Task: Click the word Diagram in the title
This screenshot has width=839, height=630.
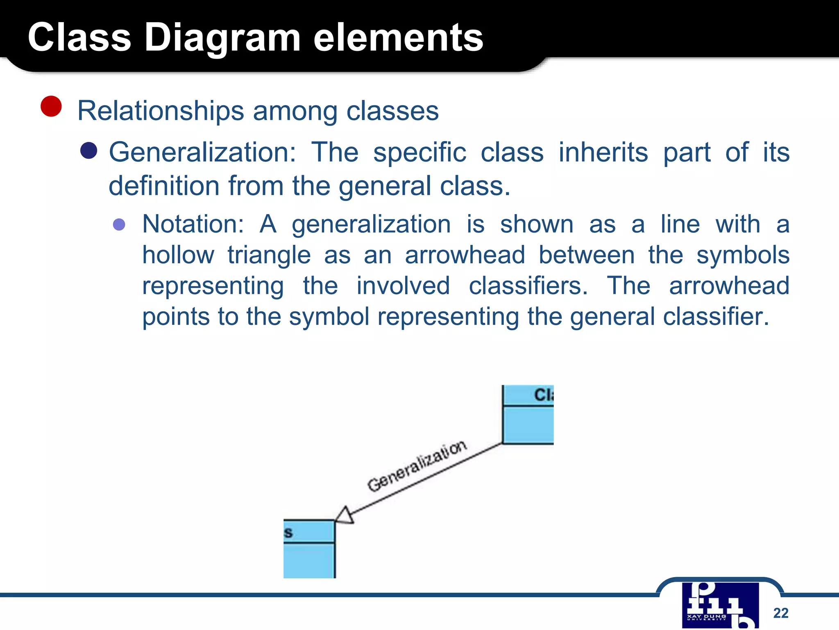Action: point(222,38)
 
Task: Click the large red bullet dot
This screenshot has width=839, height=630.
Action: point(51,106)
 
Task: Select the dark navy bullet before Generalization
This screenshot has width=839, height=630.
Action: point(89,151)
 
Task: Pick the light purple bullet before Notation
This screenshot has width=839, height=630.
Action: point(119,224)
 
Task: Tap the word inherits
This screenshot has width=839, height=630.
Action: point(603,152)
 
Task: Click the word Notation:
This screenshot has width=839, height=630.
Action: point(193,224)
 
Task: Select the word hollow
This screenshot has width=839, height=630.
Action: point(178,255)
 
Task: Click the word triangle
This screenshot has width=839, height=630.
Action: point(269,255)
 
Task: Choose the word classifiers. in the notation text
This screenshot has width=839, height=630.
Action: point(528,286)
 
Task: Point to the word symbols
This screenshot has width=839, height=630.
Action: point(743,255)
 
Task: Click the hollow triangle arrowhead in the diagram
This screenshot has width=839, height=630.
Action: point(345,516)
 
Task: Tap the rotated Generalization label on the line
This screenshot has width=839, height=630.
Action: point(417,466)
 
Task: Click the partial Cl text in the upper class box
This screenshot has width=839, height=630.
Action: point(544,395)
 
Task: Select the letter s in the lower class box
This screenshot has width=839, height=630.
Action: point(288,533)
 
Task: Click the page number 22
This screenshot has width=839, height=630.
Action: point(780,613)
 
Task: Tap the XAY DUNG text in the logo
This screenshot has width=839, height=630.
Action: point(706,616)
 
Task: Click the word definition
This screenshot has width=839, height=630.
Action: point(164,186)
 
